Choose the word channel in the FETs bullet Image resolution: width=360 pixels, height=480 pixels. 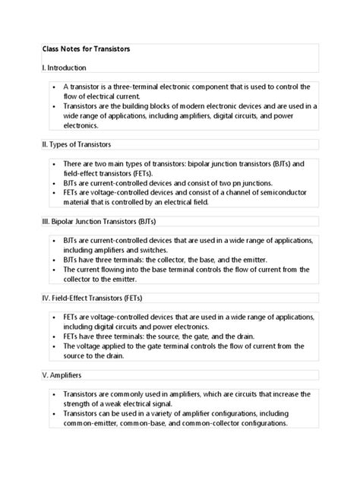click(244, 193)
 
